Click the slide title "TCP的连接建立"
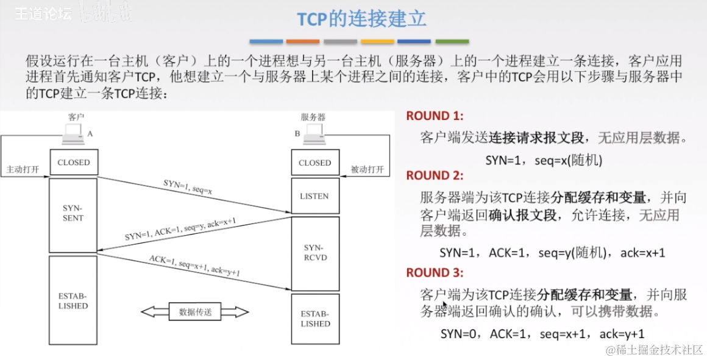tap(361, 18)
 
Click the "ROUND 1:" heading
tap(435, 116)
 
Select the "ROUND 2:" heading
tap(435, 175)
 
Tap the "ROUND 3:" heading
tap(435, 272)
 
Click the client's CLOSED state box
tap(73, 163)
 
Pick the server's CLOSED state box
tap(314, 163)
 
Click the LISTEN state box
tap(314, 196)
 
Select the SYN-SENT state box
tap(73, 213)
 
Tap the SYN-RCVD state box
tap(314, 253)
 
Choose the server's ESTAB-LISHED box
tap(314, 319)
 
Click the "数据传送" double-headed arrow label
tap(195, 312)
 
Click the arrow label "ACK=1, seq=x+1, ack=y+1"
tap(194, 266)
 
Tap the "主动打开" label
tap(23, 169)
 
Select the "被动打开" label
tap(367, 169)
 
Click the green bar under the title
tap(452, 41)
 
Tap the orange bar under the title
tap(303, 41)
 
